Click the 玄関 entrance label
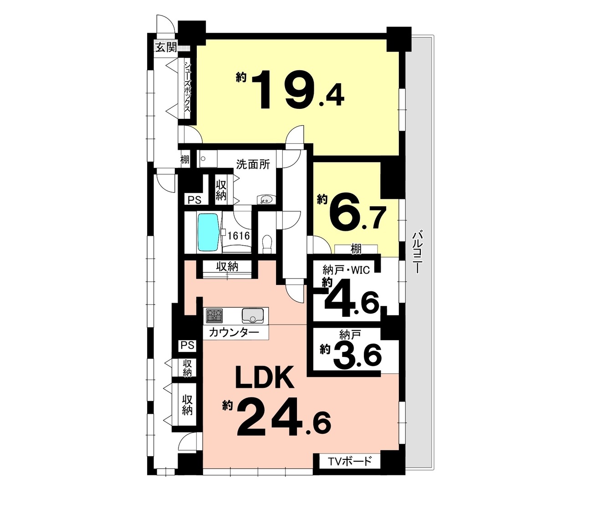coord(166,47)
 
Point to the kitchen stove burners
coord(214,316)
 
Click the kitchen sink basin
coord(253,316)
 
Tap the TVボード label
coord(350,461)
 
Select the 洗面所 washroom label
coord(253,164)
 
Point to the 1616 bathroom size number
coord(238,236)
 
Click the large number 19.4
coord(298,90)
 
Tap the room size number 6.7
coord(357,215)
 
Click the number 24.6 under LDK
coord(284,417)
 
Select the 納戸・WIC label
coord(346,270)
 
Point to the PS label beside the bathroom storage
coord(194,200)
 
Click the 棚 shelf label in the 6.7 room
coord(356,249)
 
